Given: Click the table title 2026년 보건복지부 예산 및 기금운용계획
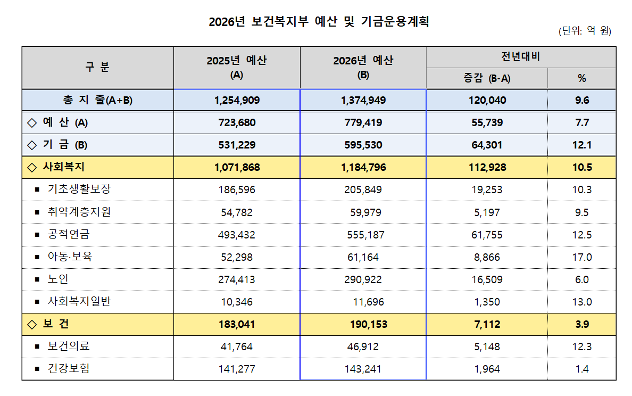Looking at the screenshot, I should coord(319,22).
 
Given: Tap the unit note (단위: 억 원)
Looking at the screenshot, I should coord(585,31).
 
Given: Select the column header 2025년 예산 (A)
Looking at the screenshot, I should coord(237,67).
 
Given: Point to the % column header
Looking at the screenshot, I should coord(581,78).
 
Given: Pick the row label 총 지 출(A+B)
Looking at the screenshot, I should coord(97,100).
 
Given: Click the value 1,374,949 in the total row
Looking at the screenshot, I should coord(363,100).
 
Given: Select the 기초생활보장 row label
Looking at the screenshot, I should coord(79,189).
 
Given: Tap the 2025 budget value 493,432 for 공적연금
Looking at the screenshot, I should coord(237,235).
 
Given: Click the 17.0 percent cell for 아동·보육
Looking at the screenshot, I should coord(581,257).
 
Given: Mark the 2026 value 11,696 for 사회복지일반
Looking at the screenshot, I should coord(368,302).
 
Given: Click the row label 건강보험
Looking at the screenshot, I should coord(69,369).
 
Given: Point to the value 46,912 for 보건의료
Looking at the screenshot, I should coord(364,347).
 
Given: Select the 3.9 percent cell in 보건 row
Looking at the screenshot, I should coord(581,324).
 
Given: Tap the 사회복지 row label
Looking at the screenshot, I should coord(63,167).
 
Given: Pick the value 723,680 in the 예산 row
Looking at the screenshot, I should coord(237,122).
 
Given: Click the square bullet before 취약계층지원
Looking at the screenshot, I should coord(37,212).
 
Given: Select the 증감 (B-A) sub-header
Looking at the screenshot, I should coord(486,78).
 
